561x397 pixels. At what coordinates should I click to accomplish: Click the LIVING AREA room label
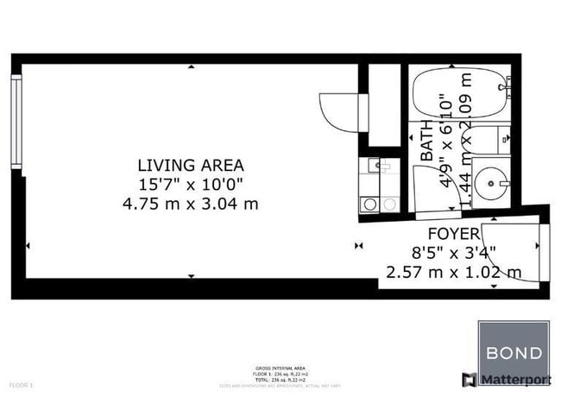pyautogui.click(x=191, y=165)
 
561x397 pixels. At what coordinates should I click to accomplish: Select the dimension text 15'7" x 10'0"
pyautogui.click(x=191, y=184)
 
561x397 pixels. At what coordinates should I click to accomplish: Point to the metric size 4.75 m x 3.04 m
pyautogui.click(x=191, y=204)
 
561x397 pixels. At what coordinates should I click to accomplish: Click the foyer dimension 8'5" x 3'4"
pyautogui.click(x=454, y=253)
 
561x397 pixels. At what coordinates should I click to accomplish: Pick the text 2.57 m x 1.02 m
pyautogui.click(x=454, y=273)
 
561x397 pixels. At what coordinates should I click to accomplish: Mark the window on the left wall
pyautogui.click(x=16, y=121)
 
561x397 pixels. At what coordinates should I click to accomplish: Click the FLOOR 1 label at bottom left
pyautogui.click(x=21, y=384)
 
